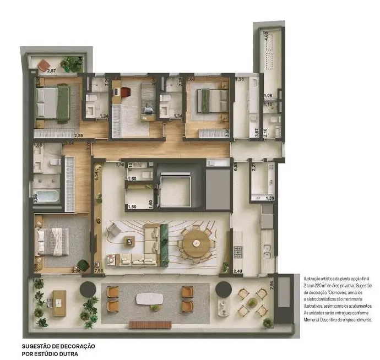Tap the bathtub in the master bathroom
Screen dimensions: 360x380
point(45,195)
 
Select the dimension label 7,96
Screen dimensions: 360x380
point(99,270)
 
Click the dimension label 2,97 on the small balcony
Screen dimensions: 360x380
point(52,71)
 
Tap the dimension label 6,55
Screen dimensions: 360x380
point(235,168)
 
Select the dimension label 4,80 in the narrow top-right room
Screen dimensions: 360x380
point(267,34)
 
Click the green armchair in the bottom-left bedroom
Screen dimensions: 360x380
point(83,265)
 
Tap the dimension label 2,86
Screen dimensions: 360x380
point(79,135)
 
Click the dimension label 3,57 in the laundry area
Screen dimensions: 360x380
point(257,133)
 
